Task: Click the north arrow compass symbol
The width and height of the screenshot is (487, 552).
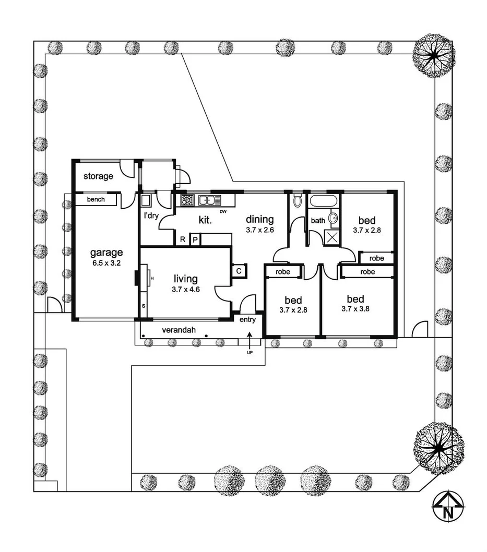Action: [x=448, y=506]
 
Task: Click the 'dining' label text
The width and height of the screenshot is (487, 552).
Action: [x=259, y=220]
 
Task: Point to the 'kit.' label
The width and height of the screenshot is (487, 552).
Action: [x=205, y=220]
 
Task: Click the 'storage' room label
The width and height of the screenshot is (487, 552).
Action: [x=98, y=176]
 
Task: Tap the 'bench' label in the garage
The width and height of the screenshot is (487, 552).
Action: [x=96, y=199]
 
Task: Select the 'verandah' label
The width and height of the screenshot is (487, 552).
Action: [x=179, y=330]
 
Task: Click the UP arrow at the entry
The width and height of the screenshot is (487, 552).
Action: [x=249, y=341]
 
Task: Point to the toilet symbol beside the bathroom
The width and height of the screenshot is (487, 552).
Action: [x=297, y=200]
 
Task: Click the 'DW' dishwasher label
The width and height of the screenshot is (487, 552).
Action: [x=223, y=211]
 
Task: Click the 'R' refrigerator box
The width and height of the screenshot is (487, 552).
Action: [x=182, y=239]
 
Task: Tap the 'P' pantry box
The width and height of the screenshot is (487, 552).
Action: [x=195, y=239]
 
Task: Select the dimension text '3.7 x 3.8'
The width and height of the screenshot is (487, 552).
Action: [x=355, y=308]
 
